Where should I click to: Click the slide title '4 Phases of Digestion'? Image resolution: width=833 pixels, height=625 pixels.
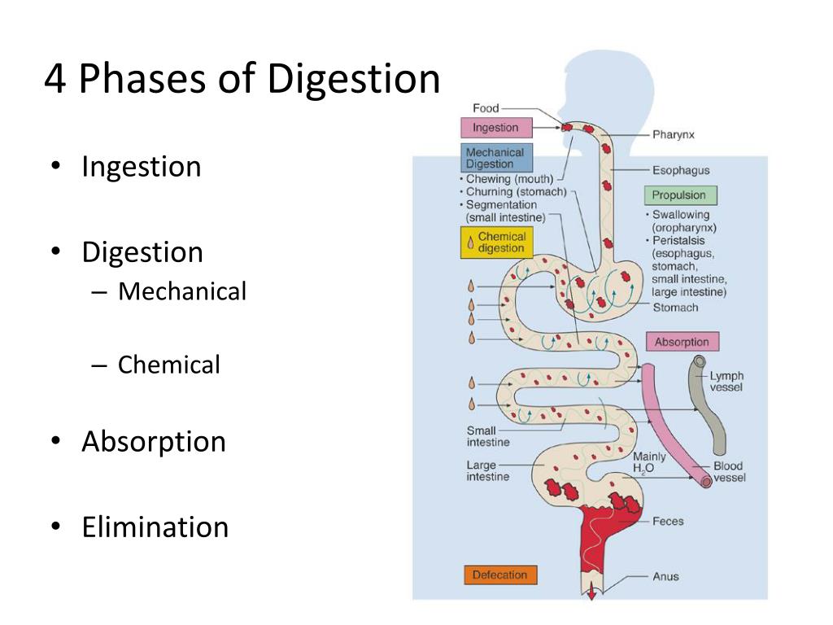tap(242, 81)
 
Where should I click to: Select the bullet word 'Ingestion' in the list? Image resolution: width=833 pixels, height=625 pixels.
tap(141, 167)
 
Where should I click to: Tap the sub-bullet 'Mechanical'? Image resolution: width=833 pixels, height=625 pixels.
tap(181, 291)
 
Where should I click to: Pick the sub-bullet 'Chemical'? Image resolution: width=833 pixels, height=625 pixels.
tap(168, 365)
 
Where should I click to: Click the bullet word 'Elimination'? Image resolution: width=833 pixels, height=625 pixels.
tap(155, 527)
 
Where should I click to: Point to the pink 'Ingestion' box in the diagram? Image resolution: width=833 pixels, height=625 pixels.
tap(495, 128)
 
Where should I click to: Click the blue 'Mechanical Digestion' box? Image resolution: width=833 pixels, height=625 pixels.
tap(495, 158)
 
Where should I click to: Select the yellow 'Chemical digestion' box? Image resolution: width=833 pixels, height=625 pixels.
tap(496, 243)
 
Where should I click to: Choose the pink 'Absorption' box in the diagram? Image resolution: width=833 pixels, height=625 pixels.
tap(682, 342)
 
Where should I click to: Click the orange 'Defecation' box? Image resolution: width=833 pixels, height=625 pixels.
tap(499, 575)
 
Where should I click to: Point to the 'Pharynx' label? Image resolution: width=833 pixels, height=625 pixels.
tap(673, 134)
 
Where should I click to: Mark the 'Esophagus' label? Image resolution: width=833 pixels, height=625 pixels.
tap(680, 171)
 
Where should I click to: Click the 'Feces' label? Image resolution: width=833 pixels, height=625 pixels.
tap(667, 521)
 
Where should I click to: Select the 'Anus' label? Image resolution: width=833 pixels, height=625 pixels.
tap(665, 576)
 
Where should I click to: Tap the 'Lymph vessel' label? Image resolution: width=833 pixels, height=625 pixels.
tap(726, 382)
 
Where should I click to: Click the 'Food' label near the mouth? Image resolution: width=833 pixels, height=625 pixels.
tap(486, 108)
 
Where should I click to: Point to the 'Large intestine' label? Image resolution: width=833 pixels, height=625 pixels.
tap(487, 471)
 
